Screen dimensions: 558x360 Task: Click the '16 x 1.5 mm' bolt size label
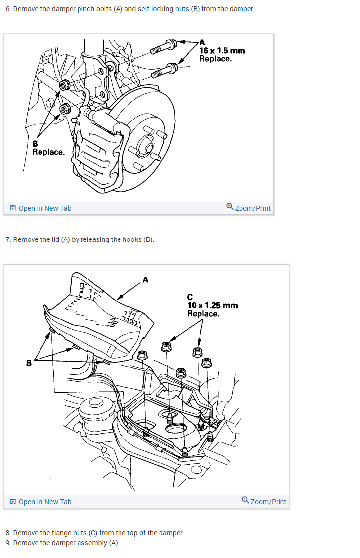(x=222, y=50)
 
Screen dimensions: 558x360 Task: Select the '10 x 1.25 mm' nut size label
(x=212, y=305)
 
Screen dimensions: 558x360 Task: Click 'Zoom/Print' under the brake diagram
(x=248, y=208)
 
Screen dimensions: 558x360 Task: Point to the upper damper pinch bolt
(x=163, y=46)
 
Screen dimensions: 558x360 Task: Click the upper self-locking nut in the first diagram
(x=64, y=86)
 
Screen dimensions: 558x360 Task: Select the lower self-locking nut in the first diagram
(x=64, y=108)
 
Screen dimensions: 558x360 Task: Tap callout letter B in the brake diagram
(x=35, y=144)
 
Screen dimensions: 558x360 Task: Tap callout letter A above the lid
(x=145, y=280)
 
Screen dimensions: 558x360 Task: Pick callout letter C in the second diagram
(x=190, y=297)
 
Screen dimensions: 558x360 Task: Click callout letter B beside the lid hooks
(x=29, y=363)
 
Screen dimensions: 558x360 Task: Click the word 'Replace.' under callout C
(x=203, y=314)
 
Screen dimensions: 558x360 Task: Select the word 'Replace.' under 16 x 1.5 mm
(x=215, y=59)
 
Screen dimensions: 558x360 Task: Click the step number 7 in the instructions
(x=8, y=239)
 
